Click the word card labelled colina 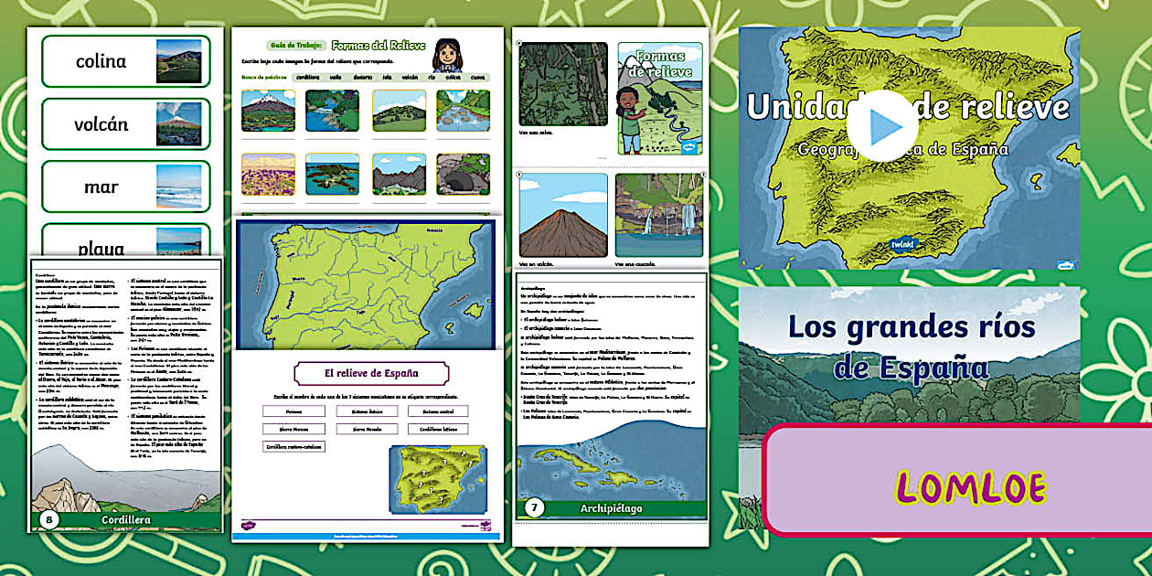125,61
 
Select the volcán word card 125,124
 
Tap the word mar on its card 101,187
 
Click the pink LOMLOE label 970,486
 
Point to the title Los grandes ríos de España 911,347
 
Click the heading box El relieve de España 371,373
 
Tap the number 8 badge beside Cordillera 50,521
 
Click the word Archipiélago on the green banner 612,507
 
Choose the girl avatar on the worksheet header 445,55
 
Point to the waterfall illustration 658,216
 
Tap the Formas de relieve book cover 660,98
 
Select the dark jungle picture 563,83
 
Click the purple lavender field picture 268,174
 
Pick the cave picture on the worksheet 463,174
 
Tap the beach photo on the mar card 178,187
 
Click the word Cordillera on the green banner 126,520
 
